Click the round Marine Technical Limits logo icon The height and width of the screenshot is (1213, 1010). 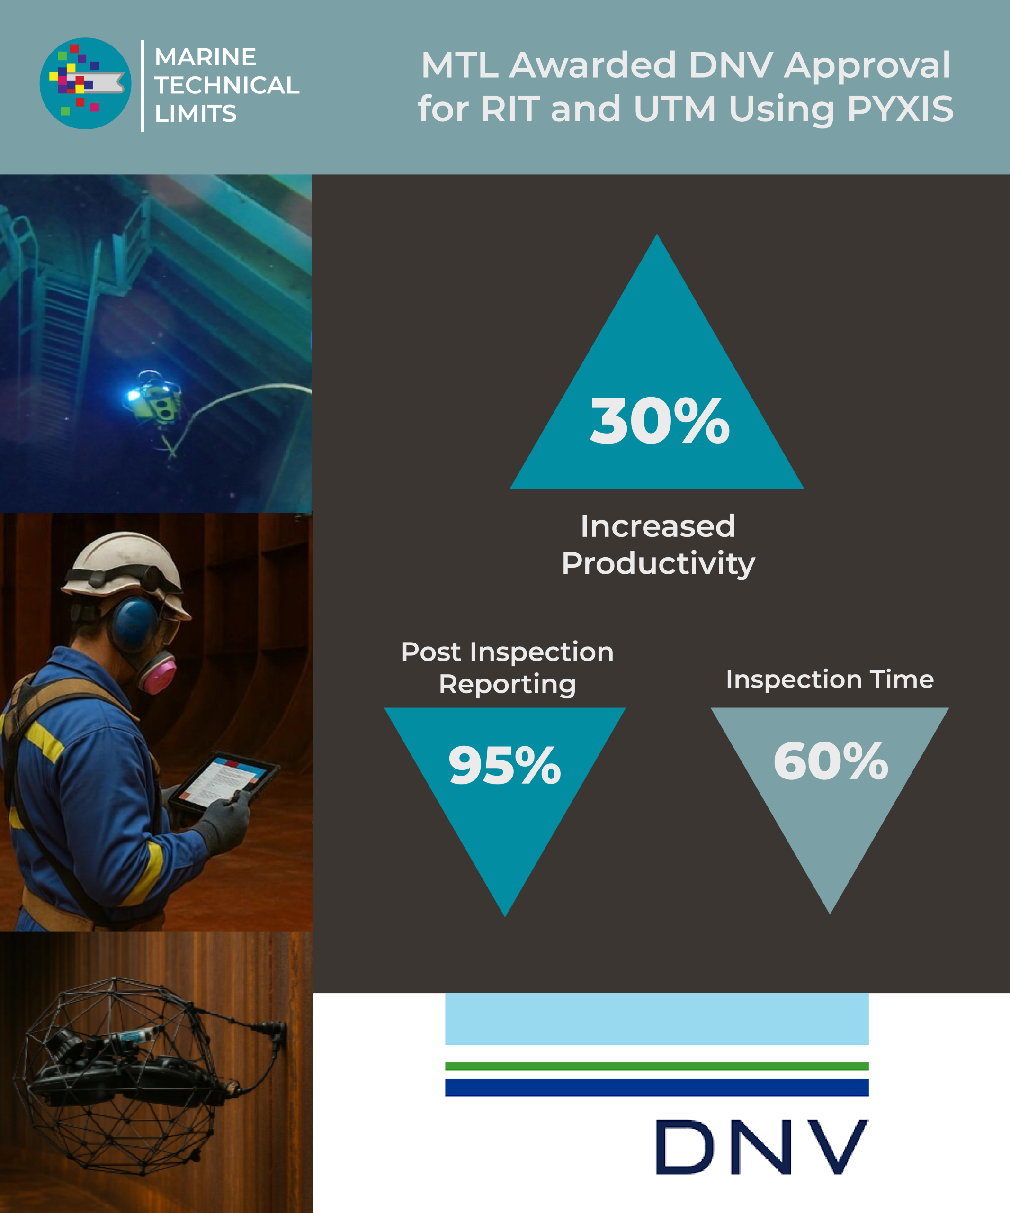point(85,83)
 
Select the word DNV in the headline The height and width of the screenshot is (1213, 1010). point(730,65)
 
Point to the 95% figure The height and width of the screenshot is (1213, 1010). point(505,765)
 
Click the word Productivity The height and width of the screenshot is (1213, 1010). point(658,563)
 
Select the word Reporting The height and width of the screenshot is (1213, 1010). point(507,685)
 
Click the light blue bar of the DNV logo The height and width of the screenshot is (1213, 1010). point(657,1018)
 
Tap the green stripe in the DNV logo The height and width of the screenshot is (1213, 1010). point(657,1066)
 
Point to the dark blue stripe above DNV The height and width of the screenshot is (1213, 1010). point(657,1087)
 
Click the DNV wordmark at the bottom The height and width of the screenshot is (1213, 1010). point(762,1147)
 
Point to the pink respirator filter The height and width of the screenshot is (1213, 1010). point(158,673)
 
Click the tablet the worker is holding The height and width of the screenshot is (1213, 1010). point(224,781)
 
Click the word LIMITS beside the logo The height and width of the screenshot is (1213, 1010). point(196,114)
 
